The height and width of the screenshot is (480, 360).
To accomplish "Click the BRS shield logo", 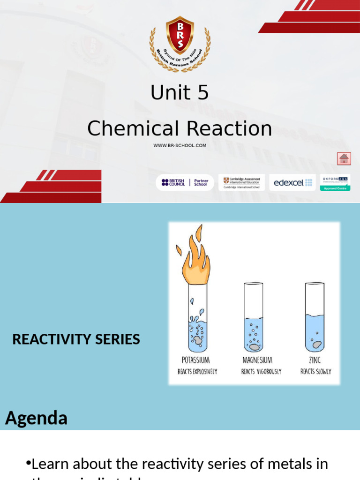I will pos(180,36).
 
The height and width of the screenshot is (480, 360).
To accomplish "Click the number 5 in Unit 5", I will pos(202,93).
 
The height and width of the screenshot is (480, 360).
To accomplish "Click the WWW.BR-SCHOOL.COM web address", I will pos(180,145).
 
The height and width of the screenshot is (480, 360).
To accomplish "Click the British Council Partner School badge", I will pos(185,182).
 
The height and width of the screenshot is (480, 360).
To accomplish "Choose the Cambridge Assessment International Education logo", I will pos(241,182).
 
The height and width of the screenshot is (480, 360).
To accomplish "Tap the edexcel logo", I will pos(292,182).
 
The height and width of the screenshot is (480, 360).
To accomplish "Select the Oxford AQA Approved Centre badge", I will pos(335,182).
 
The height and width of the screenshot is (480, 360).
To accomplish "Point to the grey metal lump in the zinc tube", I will pos(317,345).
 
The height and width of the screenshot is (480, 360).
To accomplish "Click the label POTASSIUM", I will pos(195,360).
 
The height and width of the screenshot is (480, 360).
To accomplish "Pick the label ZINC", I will pos(315,360).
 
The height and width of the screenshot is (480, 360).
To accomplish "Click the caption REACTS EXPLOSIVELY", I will pos(197,372).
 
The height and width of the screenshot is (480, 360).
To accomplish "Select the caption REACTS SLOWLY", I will pos(315,372).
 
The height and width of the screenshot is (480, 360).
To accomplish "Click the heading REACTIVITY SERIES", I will pos(76,339).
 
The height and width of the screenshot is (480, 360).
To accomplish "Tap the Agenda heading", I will pos(37,418).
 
